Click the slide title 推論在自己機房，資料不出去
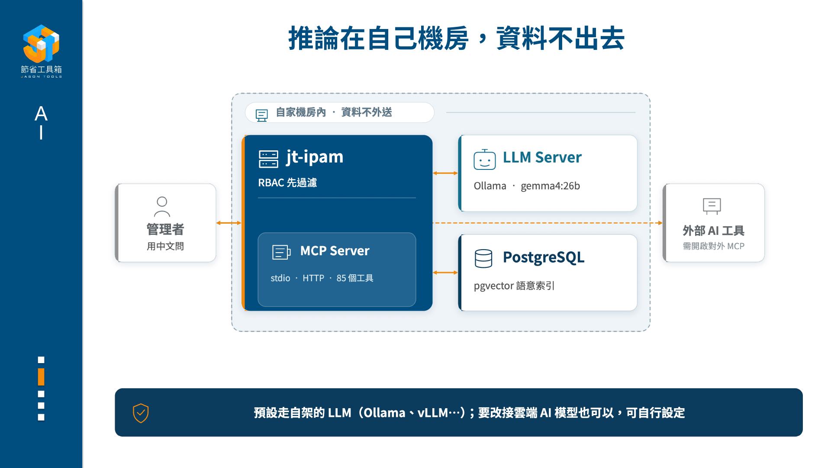coord(456,39)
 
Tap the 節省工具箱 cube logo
coord(41,43)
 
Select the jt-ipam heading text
coord(315,157)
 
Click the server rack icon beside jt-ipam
coord(268,159)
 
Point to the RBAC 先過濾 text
coord(287,182)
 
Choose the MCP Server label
coord(335,251)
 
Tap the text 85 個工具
coord(355,278)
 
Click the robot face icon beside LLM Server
coord(484,159)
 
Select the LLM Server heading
coord(542,157)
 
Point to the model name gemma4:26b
coord(550,186)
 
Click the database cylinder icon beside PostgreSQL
coord(483,259)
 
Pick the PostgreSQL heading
coord(544,257)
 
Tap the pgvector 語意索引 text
coord(514,286)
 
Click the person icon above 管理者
coord(162,207)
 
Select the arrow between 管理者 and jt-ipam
coord(229,223)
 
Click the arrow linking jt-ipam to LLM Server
coord(445,173)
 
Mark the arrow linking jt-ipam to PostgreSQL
coord(445,273)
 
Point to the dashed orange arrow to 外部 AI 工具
coord(548,223)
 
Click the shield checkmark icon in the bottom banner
coord(141,413)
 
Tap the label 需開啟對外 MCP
coord(713,246)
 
